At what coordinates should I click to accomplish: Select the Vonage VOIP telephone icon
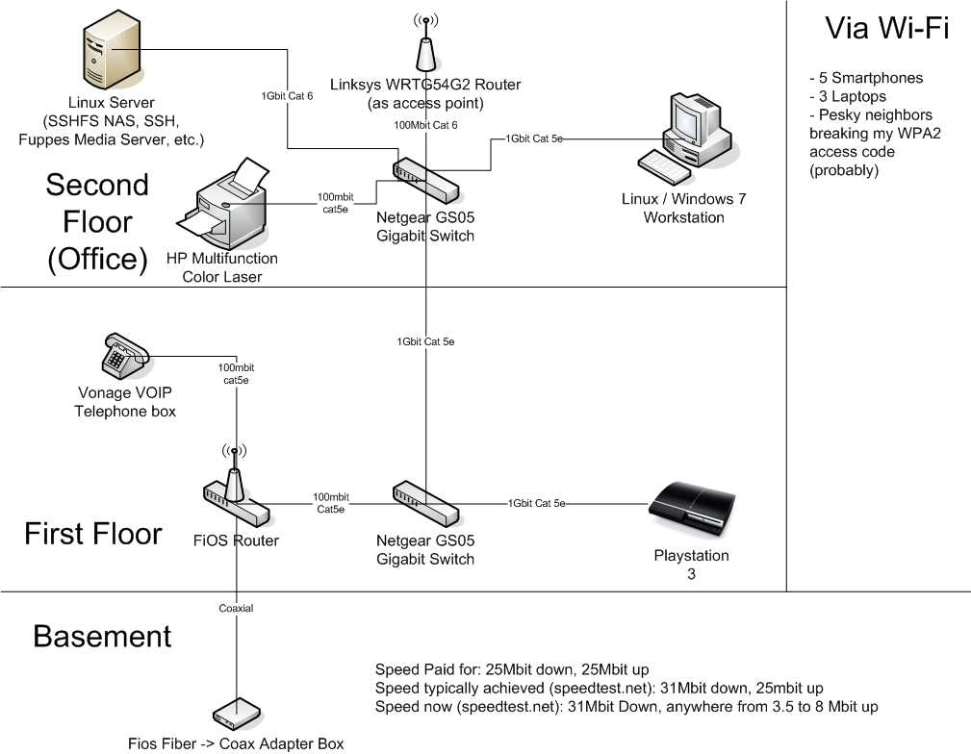124,356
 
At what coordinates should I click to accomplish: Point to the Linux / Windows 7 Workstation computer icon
684,139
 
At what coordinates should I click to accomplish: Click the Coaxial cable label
235,608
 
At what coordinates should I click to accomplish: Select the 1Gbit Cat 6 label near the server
287,95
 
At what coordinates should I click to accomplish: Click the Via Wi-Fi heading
886,29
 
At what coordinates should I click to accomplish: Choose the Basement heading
102,636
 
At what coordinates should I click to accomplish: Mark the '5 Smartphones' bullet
866,78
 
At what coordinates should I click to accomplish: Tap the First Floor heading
92,533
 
